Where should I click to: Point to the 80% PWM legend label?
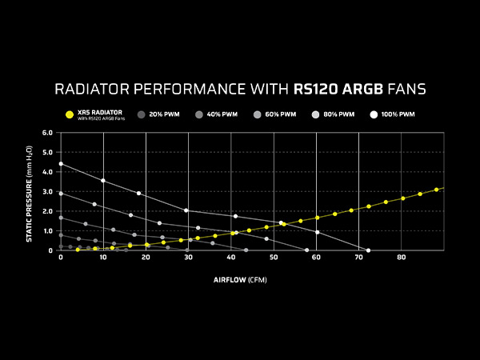339,114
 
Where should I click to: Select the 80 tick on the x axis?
402,258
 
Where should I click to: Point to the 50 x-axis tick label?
274,258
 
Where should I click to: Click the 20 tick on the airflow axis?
146,258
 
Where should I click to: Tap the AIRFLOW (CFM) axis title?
240,281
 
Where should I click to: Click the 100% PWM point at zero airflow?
61,164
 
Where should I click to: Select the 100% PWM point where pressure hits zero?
368,250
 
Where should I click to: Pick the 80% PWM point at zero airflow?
61,193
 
